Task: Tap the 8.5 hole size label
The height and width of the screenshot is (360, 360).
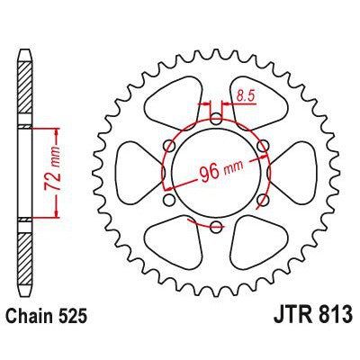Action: (x=241, y=91)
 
